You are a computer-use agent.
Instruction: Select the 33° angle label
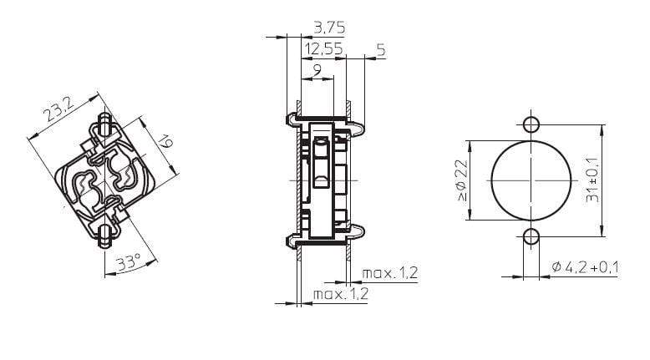(x=128, y=263)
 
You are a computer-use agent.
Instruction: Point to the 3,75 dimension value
(x=328, y=29)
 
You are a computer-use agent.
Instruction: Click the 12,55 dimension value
(x=324, y=50)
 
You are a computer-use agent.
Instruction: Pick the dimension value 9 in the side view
(x=317, y=71)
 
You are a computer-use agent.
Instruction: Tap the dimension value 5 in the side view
(x=381, y=50)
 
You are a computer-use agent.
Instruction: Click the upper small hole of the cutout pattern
(x=531, y=125)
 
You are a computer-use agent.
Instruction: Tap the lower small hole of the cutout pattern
(x=531, y=238)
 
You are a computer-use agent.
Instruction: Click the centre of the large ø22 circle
(x=531, y=181)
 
